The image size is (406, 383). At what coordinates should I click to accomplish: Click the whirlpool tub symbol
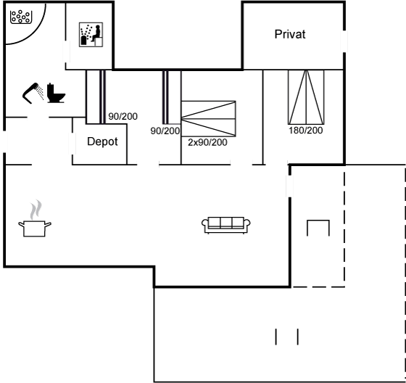point(21,17)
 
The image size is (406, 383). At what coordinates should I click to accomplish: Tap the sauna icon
point(91,35)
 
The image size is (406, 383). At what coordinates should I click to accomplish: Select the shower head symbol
point(30,93)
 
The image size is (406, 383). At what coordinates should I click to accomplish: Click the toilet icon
point(56,93)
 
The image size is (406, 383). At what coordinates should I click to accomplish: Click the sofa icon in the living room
point(225,225)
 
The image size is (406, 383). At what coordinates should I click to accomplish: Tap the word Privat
point(290,34)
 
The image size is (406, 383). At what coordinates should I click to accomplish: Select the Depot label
point(102,141)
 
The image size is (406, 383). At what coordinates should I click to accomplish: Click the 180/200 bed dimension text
point(305,130)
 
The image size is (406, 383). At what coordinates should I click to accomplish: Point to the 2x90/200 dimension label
point(207,142)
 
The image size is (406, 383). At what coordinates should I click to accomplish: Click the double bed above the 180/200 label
point(306,97)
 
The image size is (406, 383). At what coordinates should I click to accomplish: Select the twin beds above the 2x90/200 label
point(209,119)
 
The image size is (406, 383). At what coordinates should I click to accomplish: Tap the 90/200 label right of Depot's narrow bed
point(123,116)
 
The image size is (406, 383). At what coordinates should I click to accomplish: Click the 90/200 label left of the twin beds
point(165,131)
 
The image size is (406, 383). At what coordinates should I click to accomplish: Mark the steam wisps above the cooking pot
point(36,210)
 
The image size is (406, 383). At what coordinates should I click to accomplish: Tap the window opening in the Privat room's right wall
point(344,41)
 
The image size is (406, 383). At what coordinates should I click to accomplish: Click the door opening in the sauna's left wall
point(67,52)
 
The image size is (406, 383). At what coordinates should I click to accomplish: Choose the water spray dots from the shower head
point(40,93)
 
